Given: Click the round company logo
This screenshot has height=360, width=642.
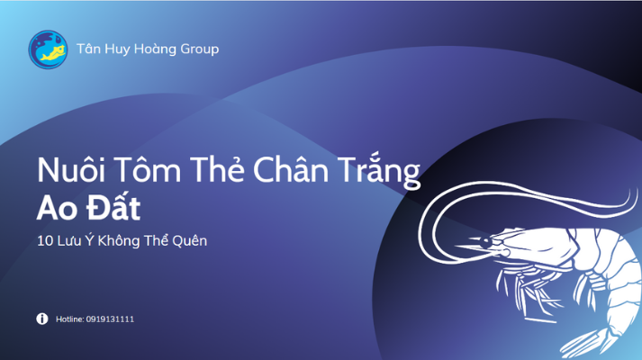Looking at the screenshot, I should click(48, 49).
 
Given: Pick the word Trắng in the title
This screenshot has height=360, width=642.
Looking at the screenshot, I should click(378, 171).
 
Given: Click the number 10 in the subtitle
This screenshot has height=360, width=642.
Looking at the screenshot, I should click(44, 241).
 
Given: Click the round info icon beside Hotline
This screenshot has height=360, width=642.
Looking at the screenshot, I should click(41, 319).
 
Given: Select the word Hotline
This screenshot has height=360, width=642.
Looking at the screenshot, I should click(68, 319).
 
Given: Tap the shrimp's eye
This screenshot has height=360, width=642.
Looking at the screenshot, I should click(486, 241).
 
